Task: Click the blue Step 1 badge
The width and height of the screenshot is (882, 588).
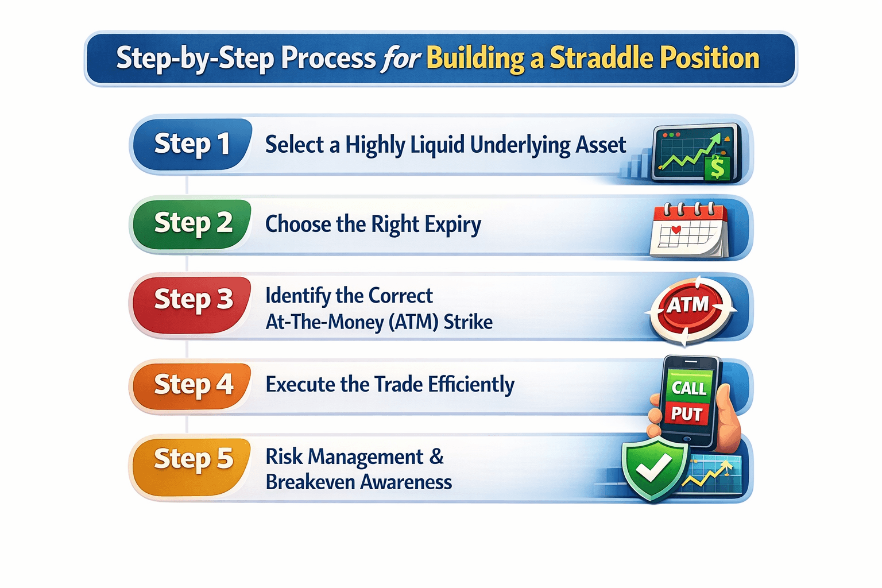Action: (191, 144)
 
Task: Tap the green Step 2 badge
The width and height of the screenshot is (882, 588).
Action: (191, 223)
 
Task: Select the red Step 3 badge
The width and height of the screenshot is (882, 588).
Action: (191, 300)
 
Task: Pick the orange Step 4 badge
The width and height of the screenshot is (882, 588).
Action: (191, 385)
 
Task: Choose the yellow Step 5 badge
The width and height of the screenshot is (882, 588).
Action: (191, 459)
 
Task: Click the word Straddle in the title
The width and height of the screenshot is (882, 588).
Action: (601, 58)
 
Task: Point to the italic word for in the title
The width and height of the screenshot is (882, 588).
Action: (401, 58)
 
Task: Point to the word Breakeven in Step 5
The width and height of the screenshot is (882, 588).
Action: (310, 482)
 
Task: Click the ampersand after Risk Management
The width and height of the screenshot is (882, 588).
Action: (436, 457)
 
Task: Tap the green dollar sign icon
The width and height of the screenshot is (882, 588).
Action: (717, 168)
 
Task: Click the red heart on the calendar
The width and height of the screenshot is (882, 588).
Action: (676, 230)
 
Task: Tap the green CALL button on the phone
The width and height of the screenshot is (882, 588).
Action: (688, 388)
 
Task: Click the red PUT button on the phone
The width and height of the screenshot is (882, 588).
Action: (687, 413)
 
